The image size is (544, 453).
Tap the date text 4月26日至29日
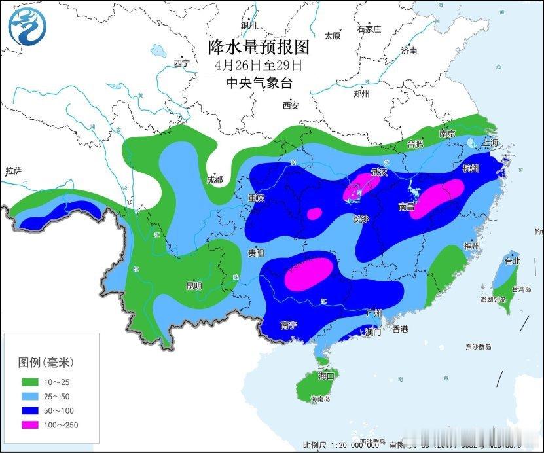258,65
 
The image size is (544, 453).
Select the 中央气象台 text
258,82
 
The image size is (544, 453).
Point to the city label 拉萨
13,172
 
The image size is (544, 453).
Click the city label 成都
214,179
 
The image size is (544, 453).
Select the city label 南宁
289,325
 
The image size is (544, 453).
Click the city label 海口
326,376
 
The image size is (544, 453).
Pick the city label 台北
511,261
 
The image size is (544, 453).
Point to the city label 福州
471,246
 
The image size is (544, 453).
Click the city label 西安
291,105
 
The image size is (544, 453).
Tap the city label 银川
249,25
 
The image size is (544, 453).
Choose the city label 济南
409,50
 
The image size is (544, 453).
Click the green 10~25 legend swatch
30,382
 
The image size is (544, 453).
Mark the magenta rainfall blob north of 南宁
308,273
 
